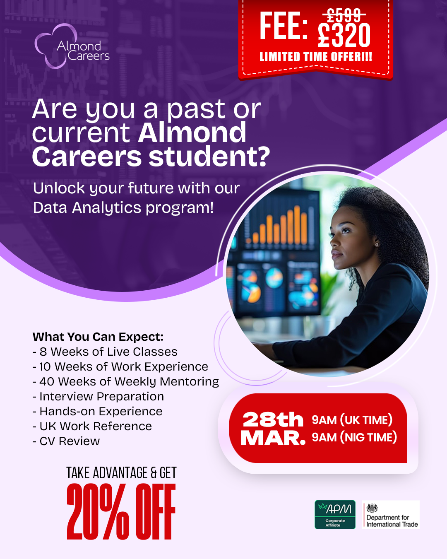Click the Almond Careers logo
tap(72, 46)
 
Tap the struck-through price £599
tap(344, 15)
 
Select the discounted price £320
tap(344, 35)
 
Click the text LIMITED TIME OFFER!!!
tap(315, 57)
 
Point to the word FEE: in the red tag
tap(284, 26)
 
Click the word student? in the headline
tap(209, 156)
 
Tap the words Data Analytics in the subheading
tap(87, 208)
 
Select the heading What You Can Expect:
tap(98, 337)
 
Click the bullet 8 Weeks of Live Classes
tap(105, 352)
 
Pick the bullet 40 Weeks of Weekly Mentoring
tap(126, 382)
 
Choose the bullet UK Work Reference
tap(92, 426)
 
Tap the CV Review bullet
tap(66, 441)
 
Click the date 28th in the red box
tap(273, 419)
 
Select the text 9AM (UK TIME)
tap(352, 420)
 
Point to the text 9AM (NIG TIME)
tap(354, 437)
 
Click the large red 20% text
tap(98, 511)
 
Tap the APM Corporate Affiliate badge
tap(335, 515)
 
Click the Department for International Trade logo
tap(391, 515)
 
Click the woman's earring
tap(377, 245)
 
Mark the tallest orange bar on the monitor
tap(297, 224)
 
